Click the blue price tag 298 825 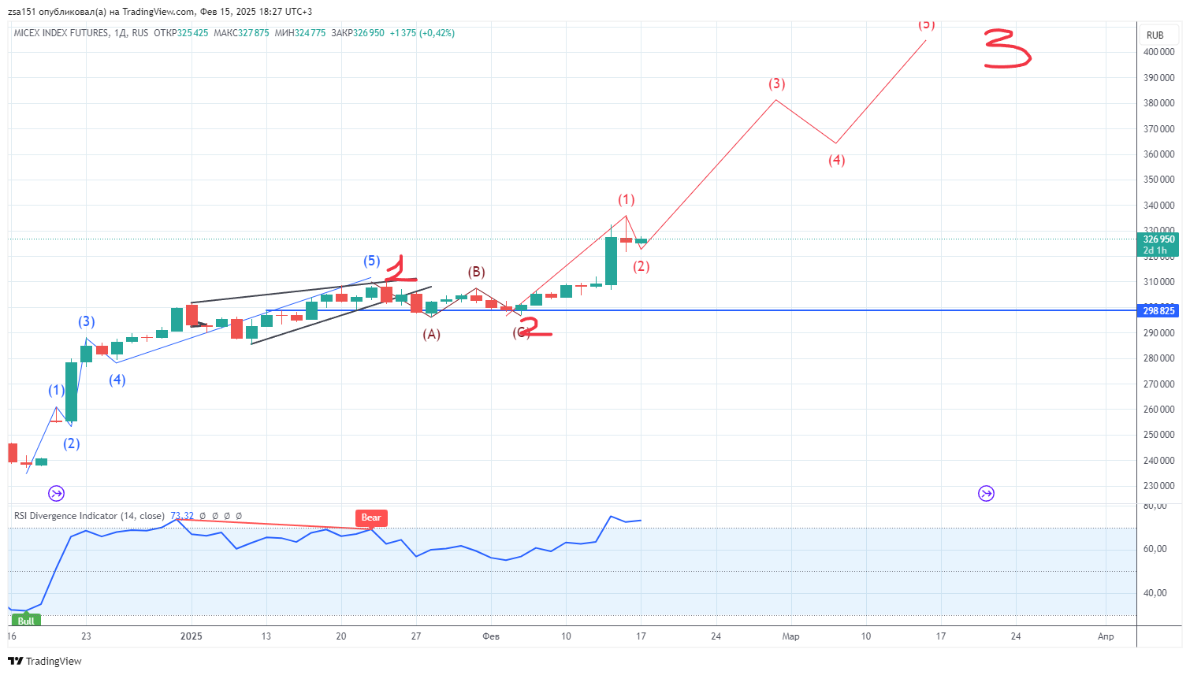click(x=1158, y=310)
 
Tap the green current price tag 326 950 click(x=1158, y=239)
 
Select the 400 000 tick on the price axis click(x=1158, y=52)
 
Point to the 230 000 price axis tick click(x=1158, y=486)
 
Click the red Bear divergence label click(x=371, y=517)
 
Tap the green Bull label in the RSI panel click(x=26, y=621)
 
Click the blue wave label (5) click(x=372, y=261)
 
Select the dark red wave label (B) click(x=476, y=272)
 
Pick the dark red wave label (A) click(x=431, y=334)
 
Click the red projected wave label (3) click(x=776, y=83)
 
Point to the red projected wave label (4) click(x=836, y=160)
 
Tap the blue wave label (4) click(x=117, y=380)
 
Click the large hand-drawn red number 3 click(x=1006, y=49)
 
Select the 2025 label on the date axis click(x=192, y=636)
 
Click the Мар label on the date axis click(x=790, y=636)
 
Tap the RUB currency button click(x=1155, y=35)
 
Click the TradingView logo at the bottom click(x=45, y=661)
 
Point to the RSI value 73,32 click(x=182, y=516)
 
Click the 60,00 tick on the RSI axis click(x=1155, y=549)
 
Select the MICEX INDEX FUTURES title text click(x=61, y=33)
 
